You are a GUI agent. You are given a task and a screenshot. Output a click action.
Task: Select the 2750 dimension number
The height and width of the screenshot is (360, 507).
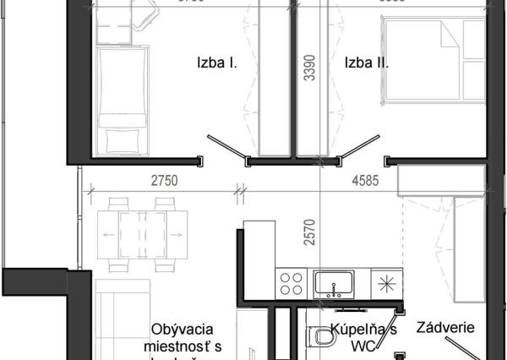164,180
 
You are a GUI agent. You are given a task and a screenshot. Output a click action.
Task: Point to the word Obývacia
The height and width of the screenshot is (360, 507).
183,330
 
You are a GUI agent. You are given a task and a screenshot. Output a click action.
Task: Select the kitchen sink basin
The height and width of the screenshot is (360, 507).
334,281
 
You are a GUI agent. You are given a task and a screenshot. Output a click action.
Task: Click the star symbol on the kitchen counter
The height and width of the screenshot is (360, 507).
386,282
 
